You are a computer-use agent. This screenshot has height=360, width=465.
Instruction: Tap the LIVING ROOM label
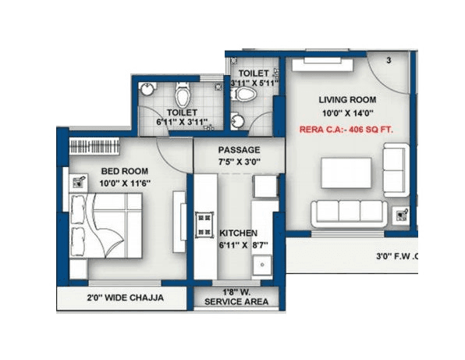coord(347,100)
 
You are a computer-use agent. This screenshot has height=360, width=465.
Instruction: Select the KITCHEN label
coord(239,233)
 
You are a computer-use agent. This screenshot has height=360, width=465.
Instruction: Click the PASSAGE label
coord(239,150)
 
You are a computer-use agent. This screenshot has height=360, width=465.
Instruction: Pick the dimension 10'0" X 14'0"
coord(347,113)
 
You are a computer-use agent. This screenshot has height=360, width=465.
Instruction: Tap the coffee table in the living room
coord(346,172)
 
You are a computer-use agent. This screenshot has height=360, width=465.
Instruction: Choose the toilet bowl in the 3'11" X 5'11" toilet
coord(245,94)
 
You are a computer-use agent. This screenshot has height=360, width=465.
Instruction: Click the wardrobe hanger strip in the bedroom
coord(94,146)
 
